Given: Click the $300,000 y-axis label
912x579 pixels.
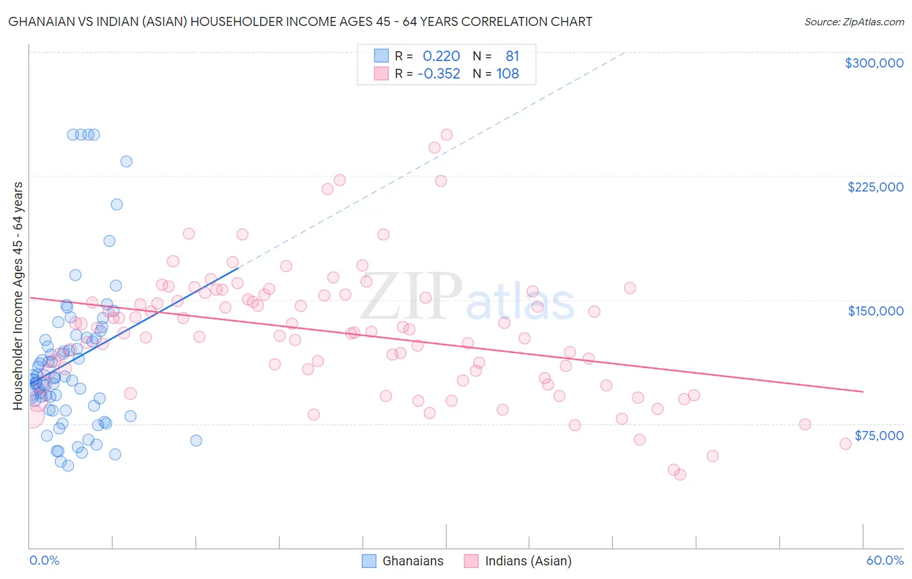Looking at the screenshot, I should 874,63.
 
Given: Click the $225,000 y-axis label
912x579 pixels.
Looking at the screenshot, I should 875,187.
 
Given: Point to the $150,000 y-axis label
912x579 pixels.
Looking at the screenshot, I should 875,311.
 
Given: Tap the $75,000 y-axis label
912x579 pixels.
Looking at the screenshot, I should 879,436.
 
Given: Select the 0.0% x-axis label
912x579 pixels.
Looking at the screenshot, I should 44,560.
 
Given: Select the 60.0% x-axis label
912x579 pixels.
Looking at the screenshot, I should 885,560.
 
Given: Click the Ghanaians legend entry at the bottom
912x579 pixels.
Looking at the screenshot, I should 413,561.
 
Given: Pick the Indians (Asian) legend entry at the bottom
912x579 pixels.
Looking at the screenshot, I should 528,561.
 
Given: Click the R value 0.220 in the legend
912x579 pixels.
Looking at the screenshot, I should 441,56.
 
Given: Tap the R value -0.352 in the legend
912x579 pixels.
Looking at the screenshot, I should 438,74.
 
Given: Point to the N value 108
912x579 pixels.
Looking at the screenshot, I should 508,74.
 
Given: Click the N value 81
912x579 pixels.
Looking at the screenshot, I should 512,56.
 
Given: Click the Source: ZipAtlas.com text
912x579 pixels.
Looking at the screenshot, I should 854,22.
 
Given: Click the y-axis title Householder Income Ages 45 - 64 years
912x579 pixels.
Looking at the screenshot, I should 18,295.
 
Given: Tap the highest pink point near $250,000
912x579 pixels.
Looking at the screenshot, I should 446,134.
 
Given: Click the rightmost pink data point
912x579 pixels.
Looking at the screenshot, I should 845,444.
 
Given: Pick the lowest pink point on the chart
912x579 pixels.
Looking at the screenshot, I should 680,474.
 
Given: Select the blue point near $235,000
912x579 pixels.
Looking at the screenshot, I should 126,162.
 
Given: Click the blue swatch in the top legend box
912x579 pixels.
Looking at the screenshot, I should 381,56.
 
